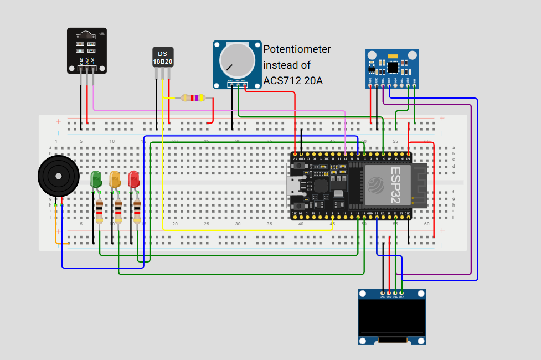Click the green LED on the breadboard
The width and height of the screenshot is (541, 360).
click(96, 179)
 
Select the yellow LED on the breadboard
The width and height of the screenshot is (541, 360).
click(115, 179)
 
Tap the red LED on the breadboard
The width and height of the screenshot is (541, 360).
click(133, 179)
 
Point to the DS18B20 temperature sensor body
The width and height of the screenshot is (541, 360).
click(162, 57)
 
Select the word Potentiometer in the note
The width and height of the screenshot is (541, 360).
click(297, 49)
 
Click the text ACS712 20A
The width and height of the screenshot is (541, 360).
click(293, 81)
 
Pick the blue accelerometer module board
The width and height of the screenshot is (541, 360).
click(391, 68)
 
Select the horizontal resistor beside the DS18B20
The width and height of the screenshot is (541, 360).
click(193, 98)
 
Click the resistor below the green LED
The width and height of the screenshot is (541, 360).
click(99, 211)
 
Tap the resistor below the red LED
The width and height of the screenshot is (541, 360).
click(137, 211)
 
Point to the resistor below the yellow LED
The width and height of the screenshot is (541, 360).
click(118, 211)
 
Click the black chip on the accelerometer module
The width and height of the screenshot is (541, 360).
click(394, 66)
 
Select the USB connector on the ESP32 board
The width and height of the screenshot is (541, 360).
click(294, 183)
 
